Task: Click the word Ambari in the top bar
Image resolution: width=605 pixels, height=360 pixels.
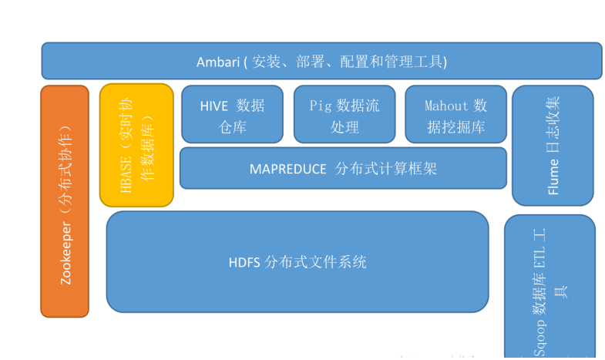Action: tap(218, 61)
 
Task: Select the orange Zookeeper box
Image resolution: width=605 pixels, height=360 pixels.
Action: tap(65, 200)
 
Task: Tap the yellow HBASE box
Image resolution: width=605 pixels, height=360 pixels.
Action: tap(136, 145)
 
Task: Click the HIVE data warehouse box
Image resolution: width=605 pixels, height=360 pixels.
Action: tap(232, 115)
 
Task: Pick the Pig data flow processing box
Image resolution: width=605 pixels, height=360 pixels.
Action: tap(344, 115)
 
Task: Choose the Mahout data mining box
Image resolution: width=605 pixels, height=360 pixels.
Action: tap(456, 115)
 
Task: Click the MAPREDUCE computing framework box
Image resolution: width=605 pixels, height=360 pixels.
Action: tap(343, 168)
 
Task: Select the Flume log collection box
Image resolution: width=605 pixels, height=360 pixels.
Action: tap(553, 145)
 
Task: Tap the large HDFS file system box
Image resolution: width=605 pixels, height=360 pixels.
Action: tap(297, 261)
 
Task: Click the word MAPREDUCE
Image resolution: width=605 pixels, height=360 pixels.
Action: tap(288, 169)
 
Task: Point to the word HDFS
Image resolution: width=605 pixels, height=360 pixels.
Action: tap(244, 262)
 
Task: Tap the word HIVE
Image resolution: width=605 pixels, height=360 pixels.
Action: tap(214, 106)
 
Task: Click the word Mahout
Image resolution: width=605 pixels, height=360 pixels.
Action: tap(446, 106)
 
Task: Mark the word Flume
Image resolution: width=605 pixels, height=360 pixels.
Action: tap(553, 177)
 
